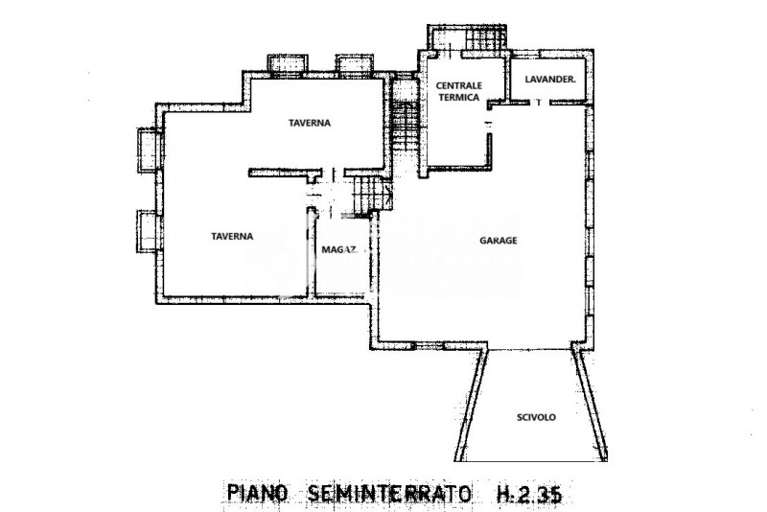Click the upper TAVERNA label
(311, 124)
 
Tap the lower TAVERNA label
(232, 236)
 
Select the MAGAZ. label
(339, 249)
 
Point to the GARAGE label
(499, 241)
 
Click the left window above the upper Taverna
(286, 65)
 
